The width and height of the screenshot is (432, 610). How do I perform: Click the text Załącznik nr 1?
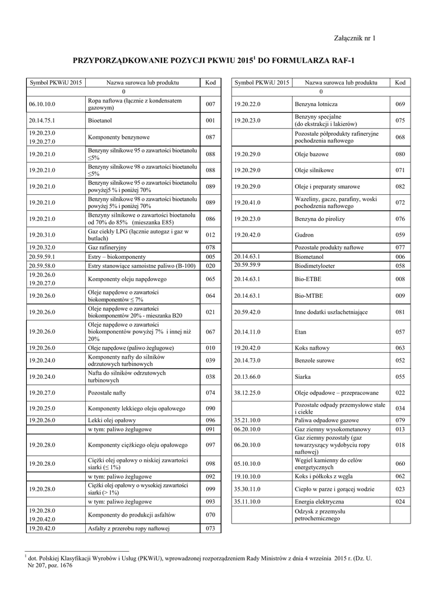[356, 39]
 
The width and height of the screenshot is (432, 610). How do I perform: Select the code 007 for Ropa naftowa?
[210, 104]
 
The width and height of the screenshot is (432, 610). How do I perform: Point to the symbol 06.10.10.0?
[42, 104]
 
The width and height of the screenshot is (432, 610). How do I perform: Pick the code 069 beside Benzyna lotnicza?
[400, 104]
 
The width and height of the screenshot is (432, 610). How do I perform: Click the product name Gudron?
[304, 235]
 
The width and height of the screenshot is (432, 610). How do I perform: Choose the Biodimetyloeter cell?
[315, 266]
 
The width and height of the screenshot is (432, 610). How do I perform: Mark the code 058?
[400, 266]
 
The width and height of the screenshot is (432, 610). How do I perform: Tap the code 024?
[400, 502]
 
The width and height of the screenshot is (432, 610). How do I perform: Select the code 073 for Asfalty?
[210, 528]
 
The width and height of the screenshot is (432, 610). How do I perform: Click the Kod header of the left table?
[210, 82]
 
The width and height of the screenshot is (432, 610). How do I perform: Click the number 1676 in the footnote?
[65, 565]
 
